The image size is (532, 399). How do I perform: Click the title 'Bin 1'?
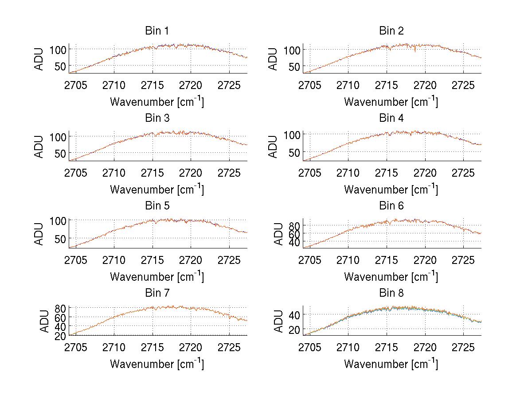156,31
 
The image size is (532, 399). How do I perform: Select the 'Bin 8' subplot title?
391,293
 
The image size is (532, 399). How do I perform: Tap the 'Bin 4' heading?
391,118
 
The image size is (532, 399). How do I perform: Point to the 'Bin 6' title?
391,206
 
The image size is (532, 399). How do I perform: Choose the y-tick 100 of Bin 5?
59,221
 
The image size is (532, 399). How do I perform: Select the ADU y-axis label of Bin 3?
39,146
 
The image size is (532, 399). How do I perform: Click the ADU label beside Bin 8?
273,321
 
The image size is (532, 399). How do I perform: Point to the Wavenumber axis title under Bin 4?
391,189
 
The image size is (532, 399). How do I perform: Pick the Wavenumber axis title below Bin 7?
156,364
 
